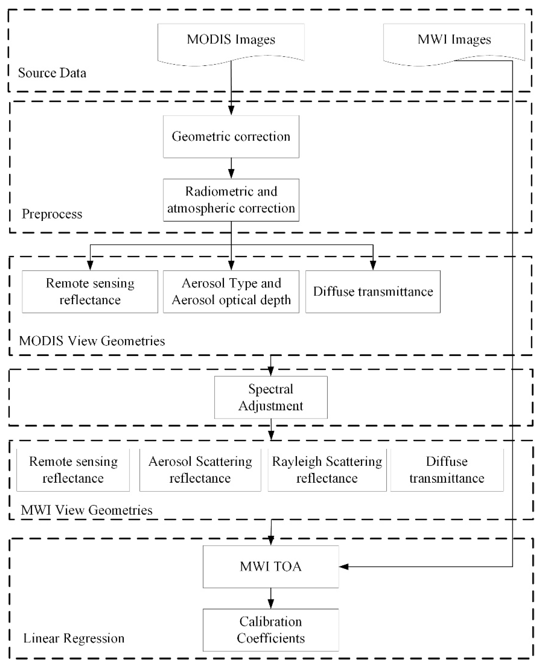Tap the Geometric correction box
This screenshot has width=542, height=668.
point(231,137)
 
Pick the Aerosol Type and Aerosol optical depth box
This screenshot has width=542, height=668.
point(231,292)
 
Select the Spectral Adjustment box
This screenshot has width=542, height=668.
point(271,397)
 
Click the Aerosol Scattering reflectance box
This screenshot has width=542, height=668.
point(200,470)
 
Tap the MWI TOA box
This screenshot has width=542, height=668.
point(271,567)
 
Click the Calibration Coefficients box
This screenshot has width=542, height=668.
point(271,630)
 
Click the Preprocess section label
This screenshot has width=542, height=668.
point(52,214)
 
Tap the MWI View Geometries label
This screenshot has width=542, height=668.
point(86,510)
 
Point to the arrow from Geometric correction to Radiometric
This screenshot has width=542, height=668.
point(231,169)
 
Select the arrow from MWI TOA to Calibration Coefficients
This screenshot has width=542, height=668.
point(271,598)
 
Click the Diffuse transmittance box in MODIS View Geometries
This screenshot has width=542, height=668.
point(373,292)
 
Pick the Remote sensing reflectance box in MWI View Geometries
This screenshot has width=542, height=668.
point(73,470)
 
